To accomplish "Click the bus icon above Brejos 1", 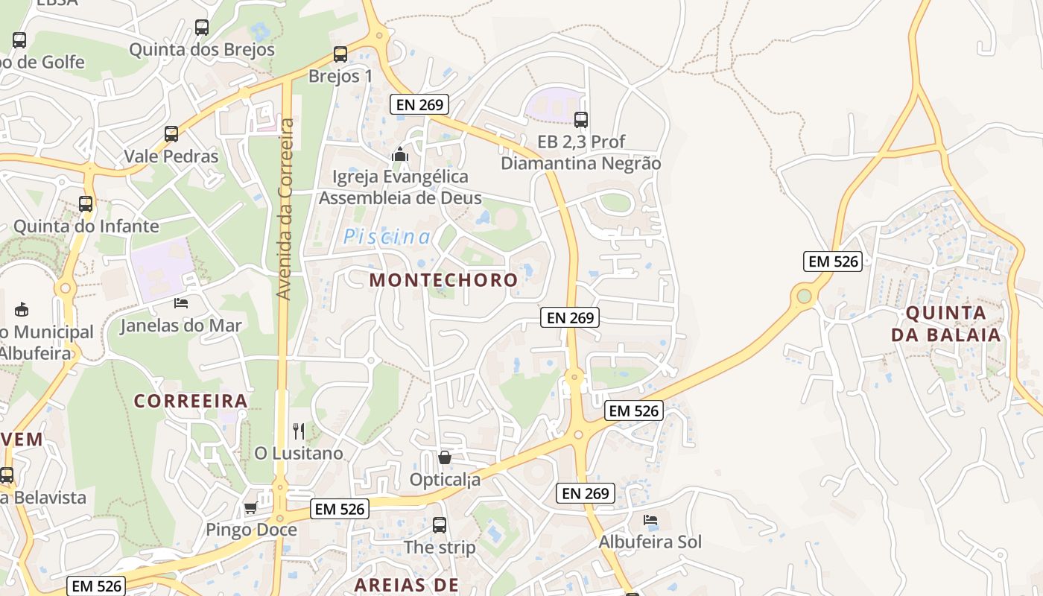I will click(340, 54).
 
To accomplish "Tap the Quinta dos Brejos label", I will click(202, 50).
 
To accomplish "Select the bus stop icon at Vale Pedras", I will click(171, 134).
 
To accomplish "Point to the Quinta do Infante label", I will click(86, 226).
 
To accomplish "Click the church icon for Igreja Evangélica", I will click(400, 155).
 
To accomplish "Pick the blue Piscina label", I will click(387, 237).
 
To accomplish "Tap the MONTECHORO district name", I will click(443, 280).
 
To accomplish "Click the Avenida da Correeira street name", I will click(284, 209).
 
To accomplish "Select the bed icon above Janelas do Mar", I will click(181, 302).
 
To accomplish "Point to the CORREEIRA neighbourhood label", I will click(191, 401).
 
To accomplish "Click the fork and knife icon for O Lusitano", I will click(299, 431).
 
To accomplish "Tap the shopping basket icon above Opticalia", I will click(445, 457).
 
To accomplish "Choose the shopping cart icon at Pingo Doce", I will click(251, 508).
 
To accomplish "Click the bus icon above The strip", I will click(440, 524).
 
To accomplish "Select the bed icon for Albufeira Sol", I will click(650, 519).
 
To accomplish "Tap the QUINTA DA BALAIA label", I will click(946, 323).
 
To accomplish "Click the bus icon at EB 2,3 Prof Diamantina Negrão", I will click(581, 119).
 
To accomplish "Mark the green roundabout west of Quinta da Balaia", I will click(804, 297).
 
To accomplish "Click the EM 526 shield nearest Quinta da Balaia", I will click(833, 261).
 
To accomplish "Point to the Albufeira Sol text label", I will click(650, 542).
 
